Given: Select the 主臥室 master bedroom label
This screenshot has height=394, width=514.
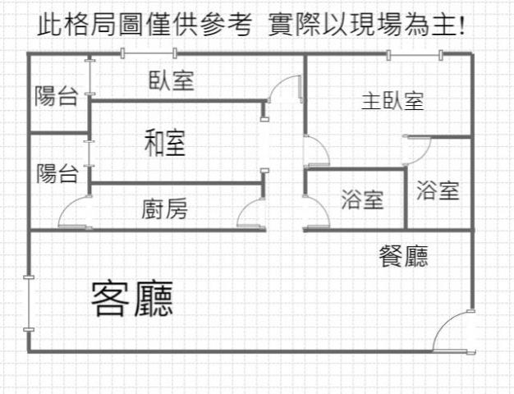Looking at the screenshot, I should [x=392, y=102].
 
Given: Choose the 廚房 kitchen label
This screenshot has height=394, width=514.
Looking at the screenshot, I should [x=164, y=209].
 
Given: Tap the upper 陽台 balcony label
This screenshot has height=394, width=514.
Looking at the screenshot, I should [x=56, y=96].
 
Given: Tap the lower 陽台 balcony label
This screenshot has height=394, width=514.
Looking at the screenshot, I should [x=57, y=173].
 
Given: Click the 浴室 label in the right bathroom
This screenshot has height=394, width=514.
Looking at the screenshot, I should [x=437, y=191].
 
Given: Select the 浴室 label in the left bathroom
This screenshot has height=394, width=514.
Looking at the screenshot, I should [x=362, y=199].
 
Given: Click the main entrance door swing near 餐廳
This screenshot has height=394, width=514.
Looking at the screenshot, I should [x=452, y=332].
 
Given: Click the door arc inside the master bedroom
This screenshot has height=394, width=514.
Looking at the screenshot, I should [x=417, y=149].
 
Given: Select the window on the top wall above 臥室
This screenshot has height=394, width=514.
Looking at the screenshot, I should [x=149, y=54].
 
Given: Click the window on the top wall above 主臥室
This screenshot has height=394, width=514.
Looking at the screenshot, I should [x=415, y=54].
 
